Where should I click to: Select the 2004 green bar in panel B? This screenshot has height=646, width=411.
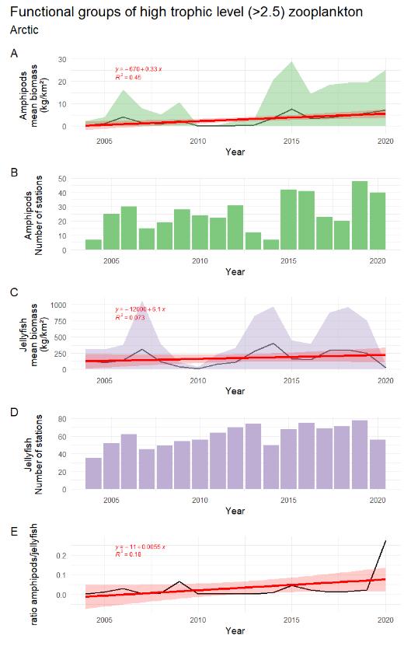point(93,245)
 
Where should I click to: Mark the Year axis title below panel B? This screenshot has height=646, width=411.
point(235,272)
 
